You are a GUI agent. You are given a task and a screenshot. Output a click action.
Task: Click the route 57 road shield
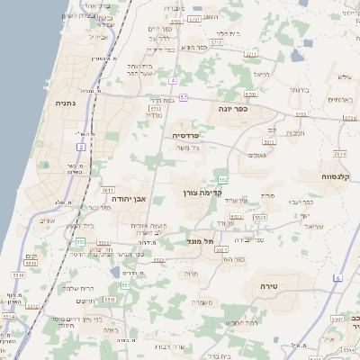(x=184, y=96)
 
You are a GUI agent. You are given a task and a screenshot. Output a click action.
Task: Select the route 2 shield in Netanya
(x=81, y=146)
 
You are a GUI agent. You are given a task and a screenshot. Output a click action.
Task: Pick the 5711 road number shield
(x=216, y=42)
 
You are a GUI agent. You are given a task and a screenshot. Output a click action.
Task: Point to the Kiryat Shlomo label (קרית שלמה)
(x=82, y=288)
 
